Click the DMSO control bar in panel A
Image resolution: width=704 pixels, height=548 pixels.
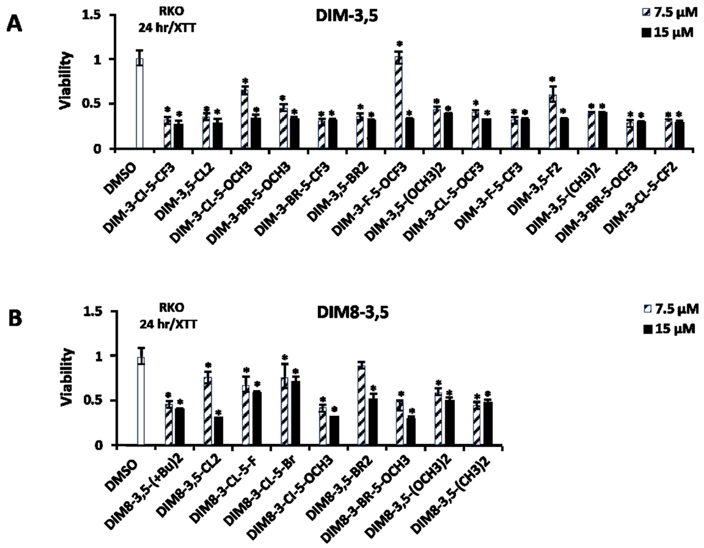tap(139, 104)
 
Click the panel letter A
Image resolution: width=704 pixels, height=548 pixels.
tap(15, 24)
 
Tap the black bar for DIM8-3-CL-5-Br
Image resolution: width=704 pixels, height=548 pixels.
tap(295, 413)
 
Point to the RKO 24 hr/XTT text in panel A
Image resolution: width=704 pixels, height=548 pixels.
tap(167, 20)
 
